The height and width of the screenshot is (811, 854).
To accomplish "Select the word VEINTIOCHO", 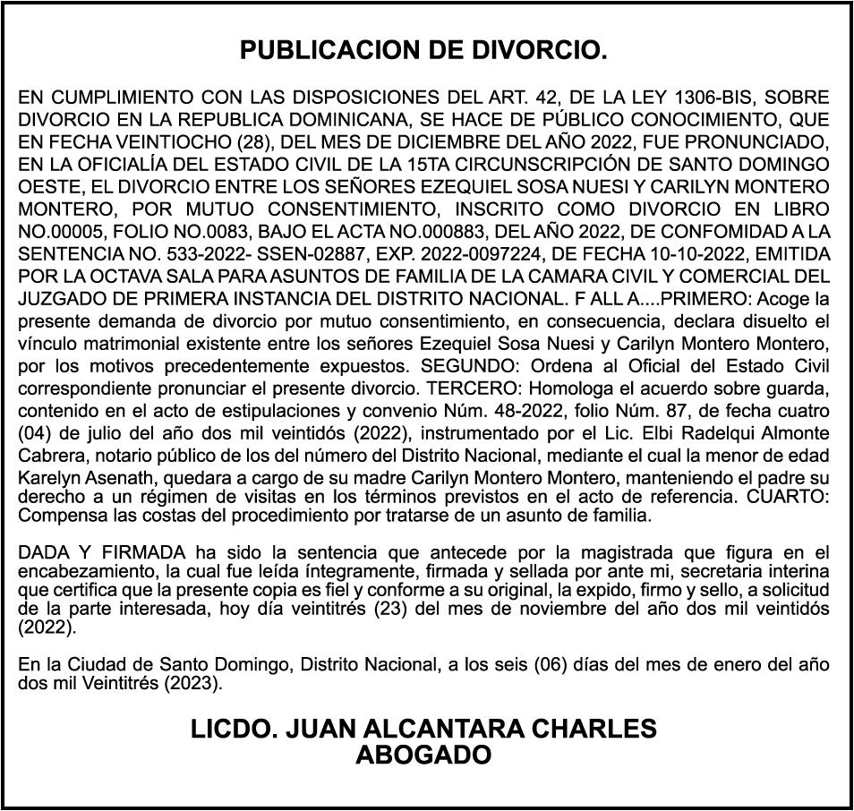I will pos(147,142).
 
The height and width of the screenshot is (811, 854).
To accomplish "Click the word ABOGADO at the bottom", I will pos(423,755).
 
